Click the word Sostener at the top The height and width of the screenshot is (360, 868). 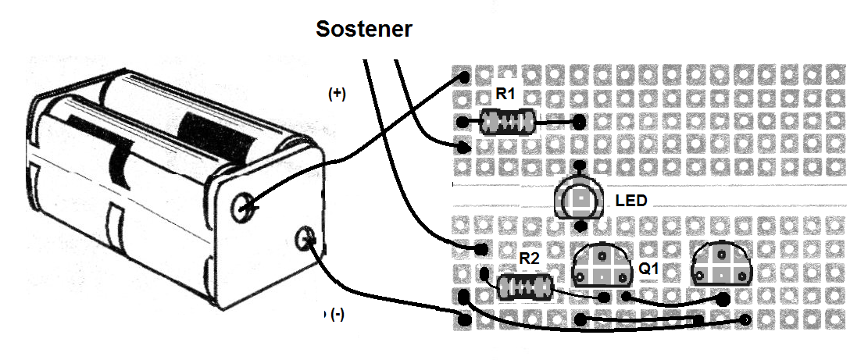click(363, 30)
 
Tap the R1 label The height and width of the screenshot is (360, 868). click(505, 94)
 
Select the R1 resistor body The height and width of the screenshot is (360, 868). click(507, 122)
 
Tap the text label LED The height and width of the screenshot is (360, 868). click(631, 201)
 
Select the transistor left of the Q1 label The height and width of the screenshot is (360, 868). click(602, 266)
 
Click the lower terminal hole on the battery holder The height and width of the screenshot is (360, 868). click(305, 238)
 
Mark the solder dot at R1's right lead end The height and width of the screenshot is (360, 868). click(579, 122)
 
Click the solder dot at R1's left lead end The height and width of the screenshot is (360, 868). click(463, 123)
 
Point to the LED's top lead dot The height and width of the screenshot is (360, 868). click(580, 166)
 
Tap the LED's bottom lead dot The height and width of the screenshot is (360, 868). click(580, 226)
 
